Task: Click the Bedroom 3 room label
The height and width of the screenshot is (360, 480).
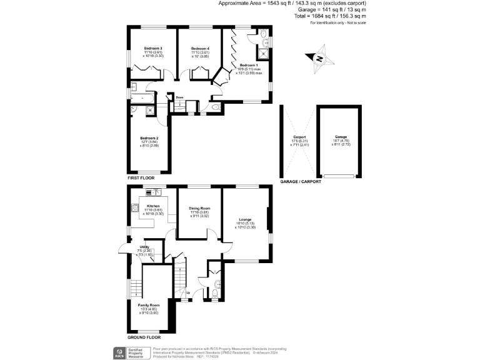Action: pyautogui.click(x=152, y=49)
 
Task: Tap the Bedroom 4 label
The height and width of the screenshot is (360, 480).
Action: pyautogui.click(x=200, y=49)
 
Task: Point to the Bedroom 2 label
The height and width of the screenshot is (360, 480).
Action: pyautogui.click(x=149, y=138)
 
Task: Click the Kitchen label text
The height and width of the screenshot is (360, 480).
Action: pyautogui.click(x=153, y=206)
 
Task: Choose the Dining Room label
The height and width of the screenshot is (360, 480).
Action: pyautogui.click(x=200, y=208)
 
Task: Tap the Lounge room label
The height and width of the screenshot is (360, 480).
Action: pyautogui.click(x=245, y=219)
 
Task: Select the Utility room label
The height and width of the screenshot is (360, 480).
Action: pyautogui.click(x=144, y=247)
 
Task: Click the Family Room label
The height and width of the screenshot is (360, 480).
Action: pyautogui.click(x=149, y=305)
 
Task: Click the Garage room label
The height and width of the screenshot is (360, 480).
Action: pyautogui.click(x=341, y=137)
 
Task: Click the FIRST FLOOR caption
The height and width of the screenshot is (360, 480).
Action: pyautogui.click(x=141, y=178)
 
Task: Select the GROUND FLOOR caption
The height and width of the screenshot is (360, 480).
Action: pyautogui.click(x=144, y=337)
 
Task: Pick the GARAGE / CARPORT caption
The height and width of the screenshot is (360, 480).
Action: pyautogui.click(x=301, y=182)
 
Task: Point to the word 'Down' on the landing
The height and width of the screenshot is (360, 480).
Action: pyautogui.click(x=179, y=97)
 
